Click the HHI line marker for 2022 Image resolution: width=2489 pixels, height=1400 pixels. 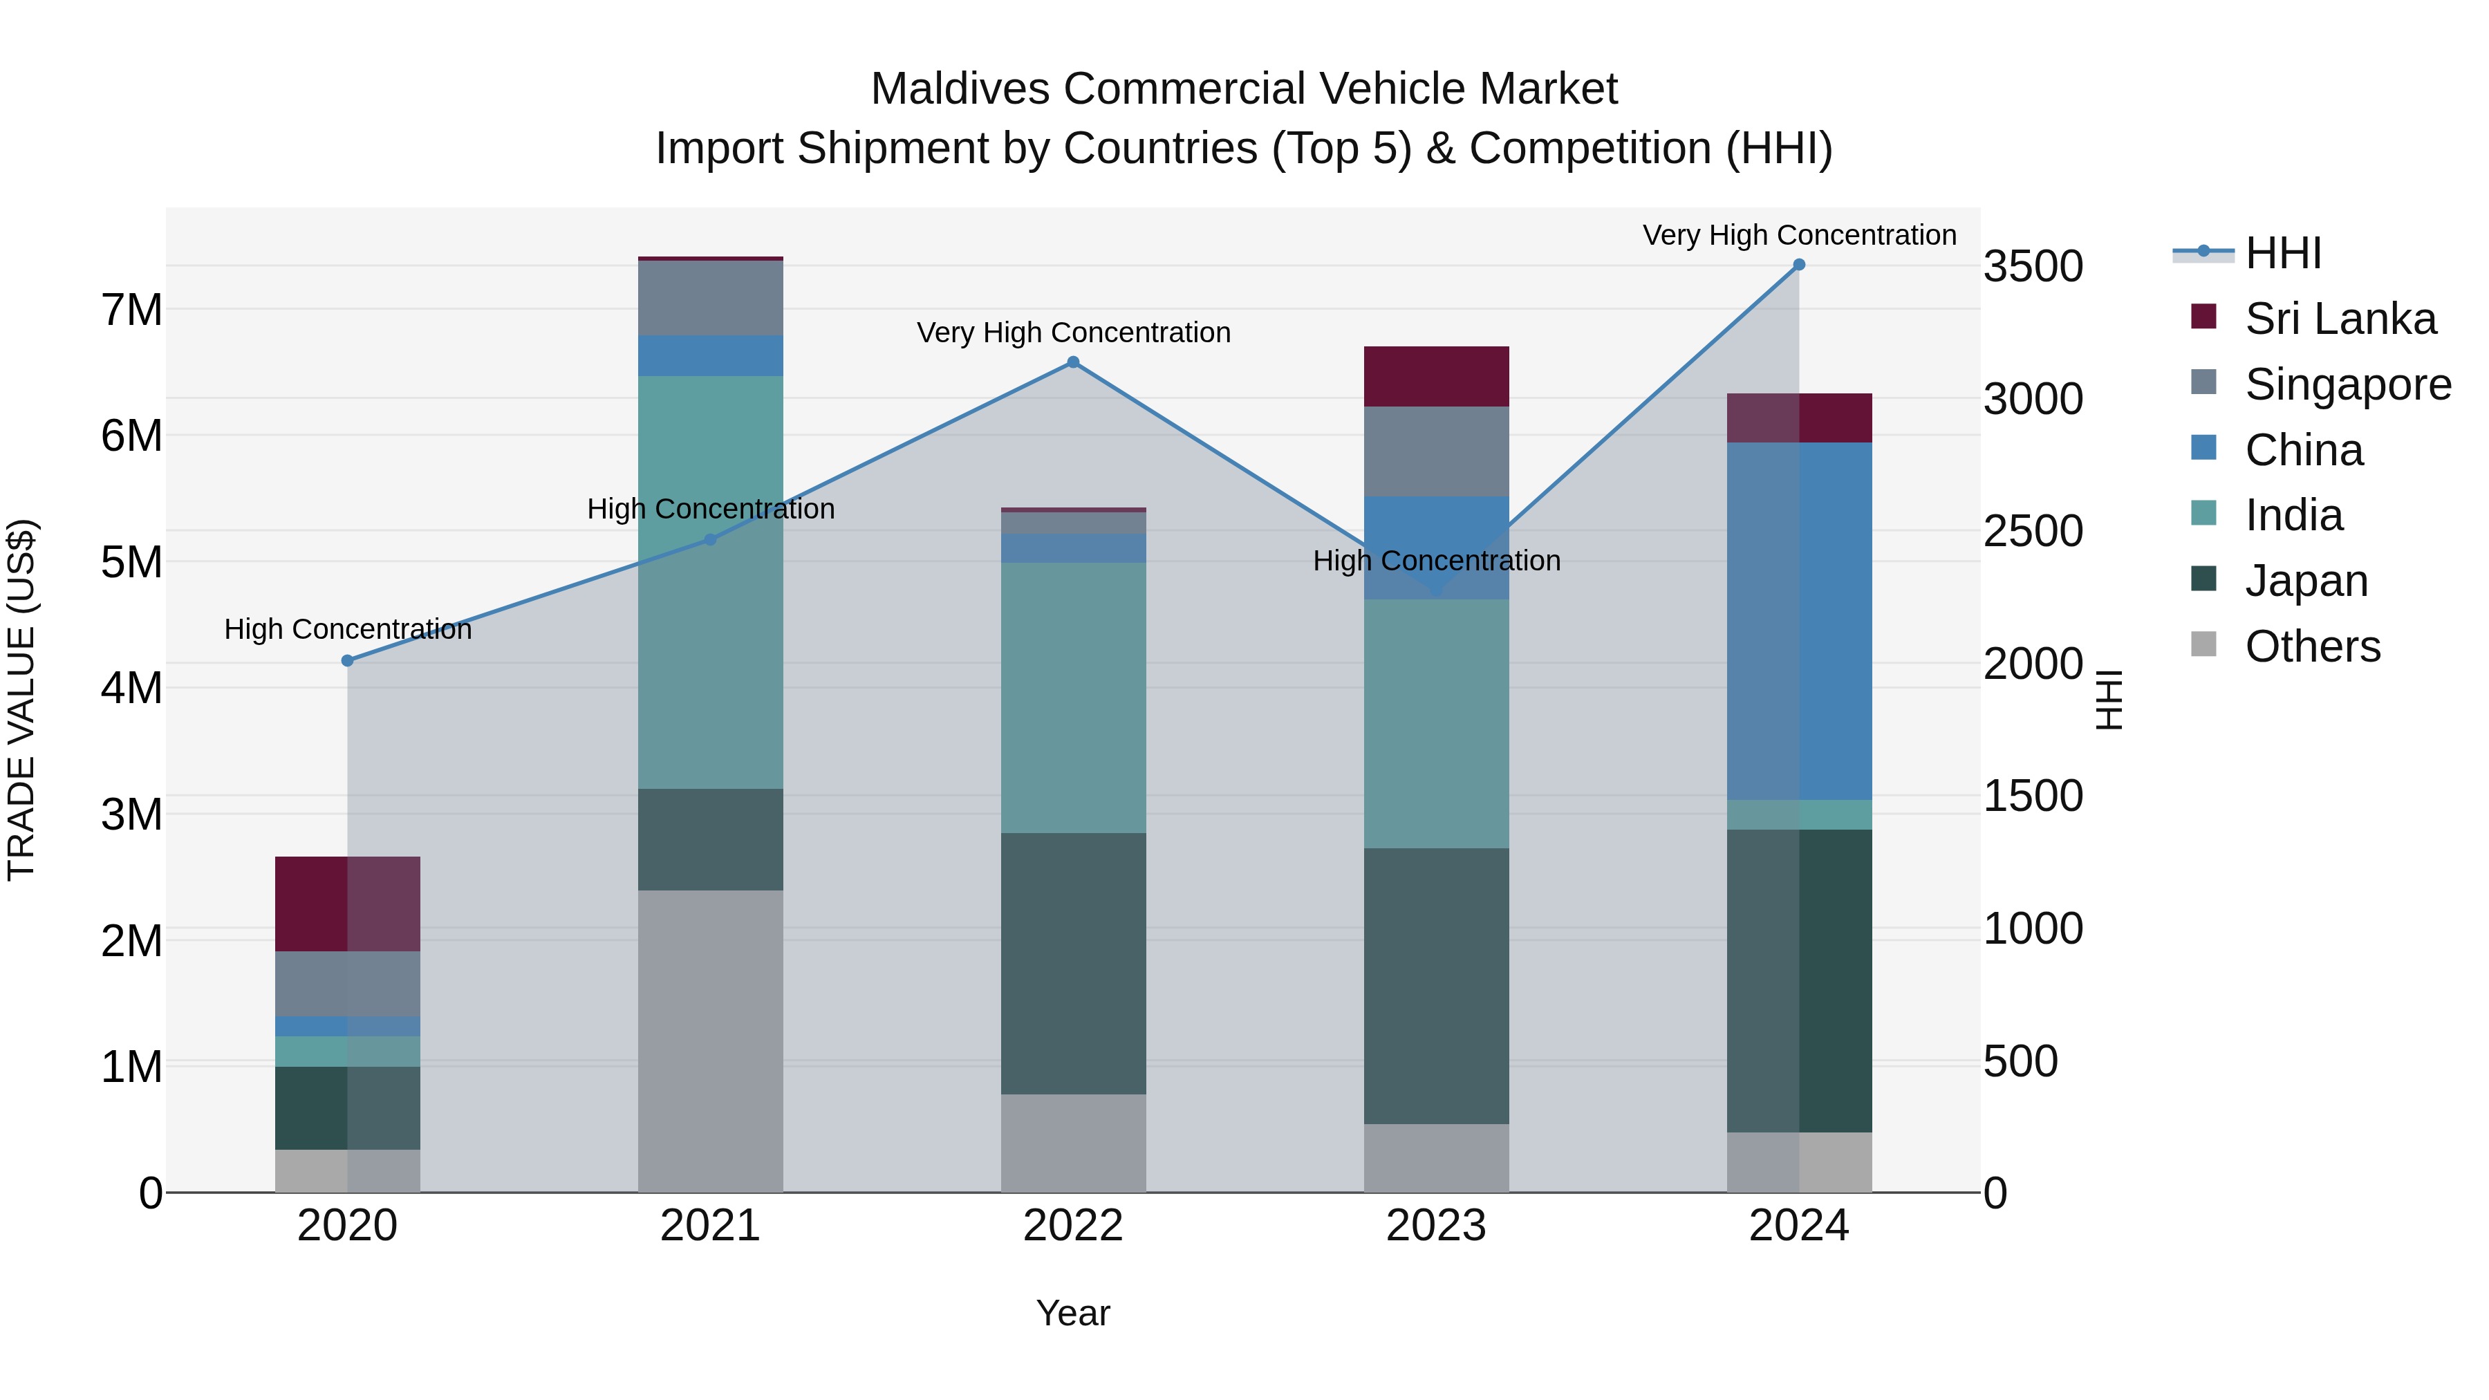click(1072, 362)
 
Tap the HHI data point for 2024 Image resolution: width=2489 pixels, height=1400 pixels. click(1798, 264)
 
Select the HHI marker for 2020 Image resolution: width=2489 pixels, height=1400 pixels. click(348, 661)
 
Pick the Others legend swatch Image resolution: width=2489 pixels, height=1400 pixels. click(2204, 644)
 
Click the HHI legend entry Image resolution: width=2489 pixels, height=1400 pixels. click(2282, 253)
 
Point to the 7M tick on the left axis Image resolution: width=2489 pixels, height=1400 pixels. click(131, 310)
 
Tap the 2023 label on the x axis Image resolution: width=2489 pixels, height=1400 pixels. click(1436, 1226)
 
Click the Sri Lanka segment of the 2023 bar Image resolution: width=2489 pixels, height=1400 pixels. click(1436, 376)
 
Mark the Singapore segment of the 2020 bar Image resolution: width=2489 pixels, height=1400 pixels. click(348, 984)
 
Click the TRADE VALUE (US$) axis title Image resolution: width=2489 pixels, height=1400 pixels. click(21, 700)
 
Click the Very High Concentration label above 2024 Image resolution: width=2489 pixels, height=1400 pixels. click(1798, 235)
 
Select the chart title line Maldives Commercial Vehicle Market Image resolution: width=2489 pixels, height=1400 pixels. click(1244, 89)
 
